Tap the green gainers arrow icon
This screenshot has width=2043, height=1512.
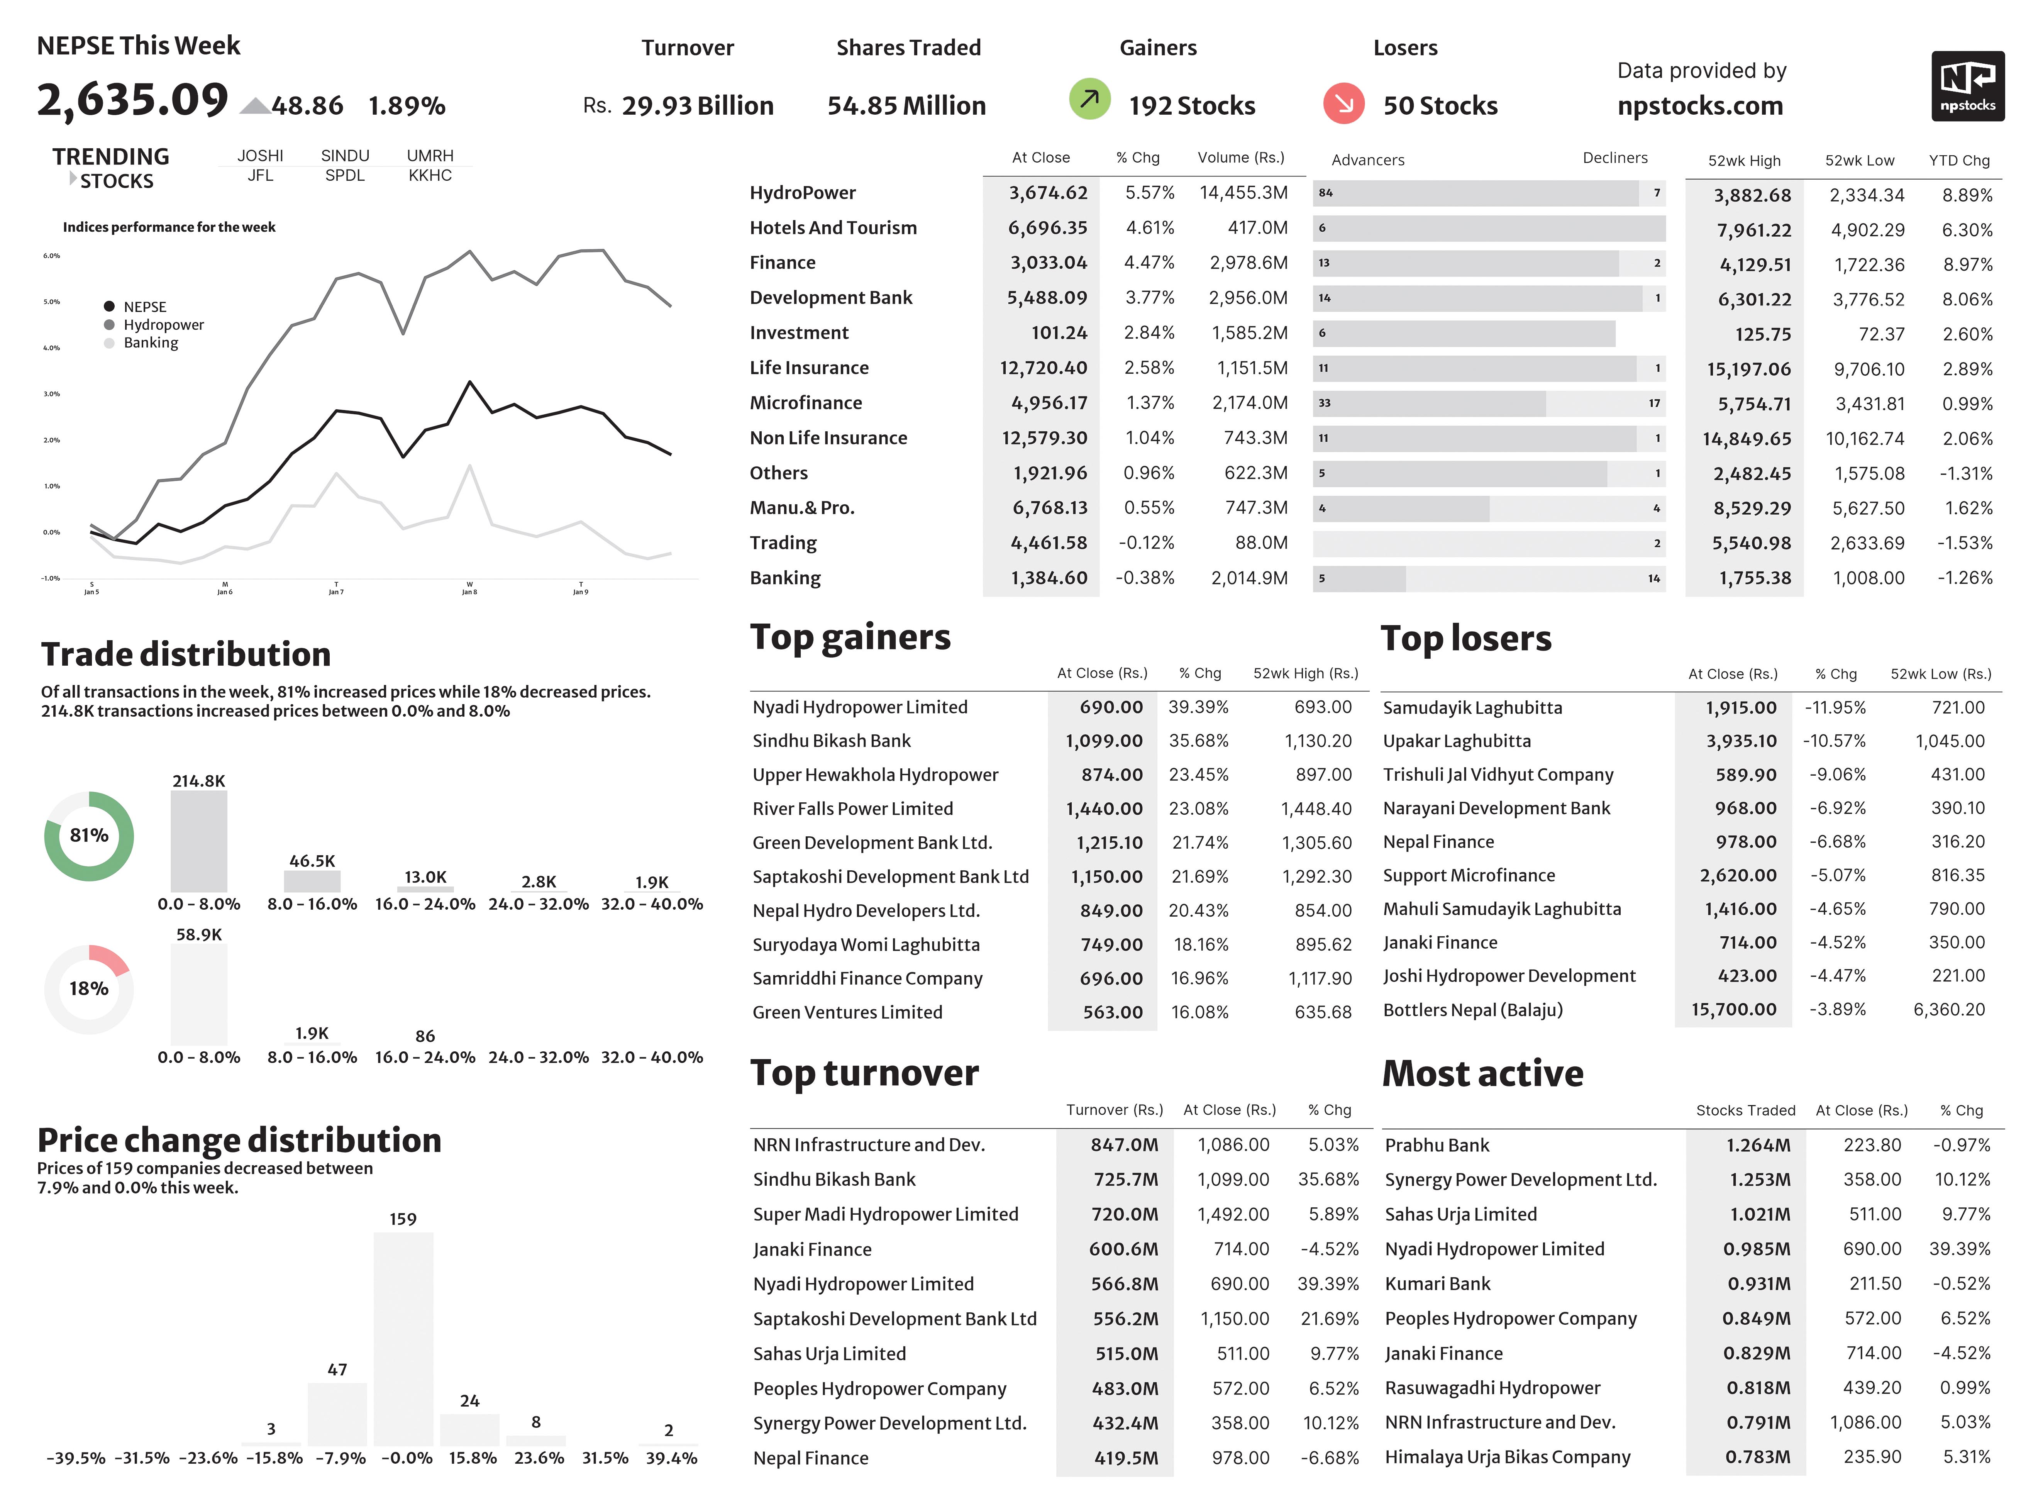[x=1089, y=99]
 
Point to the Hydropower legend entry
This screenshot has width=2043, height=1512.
[x=163, y=325]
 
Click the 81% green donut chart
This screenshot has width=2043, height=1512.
[x=89, y=836]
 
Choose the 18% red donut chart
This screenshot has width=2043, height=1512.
[x=89, y=988]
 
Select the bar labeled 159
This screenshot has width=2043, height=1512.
[x=403, y=1338]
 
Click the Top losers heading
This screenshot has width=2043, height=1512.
[x=1466, y=638]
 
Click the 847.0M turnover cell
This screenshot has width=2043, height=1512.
[x=1123, y=1145]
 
